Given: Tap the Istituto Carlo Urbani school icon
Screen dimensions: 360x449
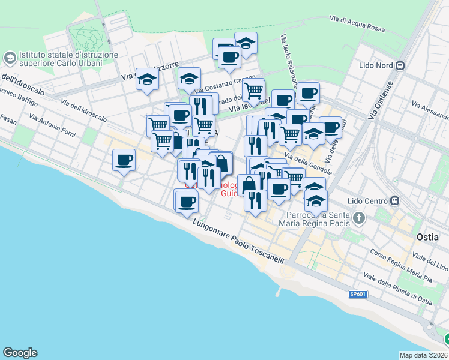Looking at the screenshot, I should [x=10, y=58].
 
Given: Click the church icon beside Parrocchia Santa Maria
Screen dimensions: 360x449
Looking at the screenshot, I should [x=359, y=218].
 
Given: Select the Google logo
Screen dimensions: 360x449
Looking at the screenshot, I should [x=20, y=353].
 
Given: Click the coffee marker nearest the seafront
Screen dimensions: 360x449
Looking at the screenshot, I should [x=187, y=201].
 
